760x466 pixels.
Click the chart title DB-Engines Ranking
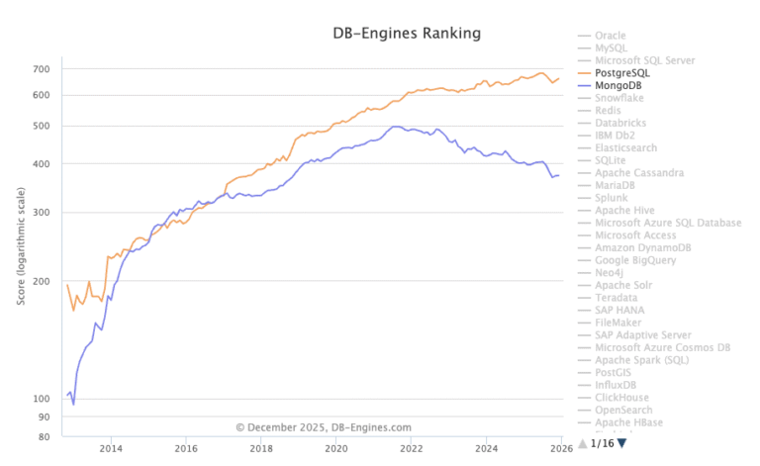[x=406, y=34]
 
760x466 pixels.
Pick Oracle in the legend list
[x=612, y=35]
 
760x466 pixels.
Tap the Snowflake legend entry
[x=621, y=98]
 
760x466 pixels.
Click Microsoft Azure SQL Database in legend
[x=668, y=223]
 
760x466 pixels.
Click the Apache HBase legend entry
[x=628, y=422]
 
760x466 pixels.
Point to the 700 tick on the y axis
[x=41, y=69]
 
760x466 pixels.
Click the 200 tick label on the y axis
[x=41, y=282]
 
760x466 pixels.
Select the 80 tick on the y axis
[x=44, y=437]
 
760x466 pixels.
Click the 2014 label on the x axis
[x=111, y=448]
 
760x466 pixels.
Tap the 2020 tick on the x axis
[x=335, y=448]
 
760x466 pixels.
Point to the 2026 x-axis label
[x=559, y=448]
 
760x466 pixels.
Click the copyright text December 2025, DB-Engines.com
[x=323, y=427]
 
